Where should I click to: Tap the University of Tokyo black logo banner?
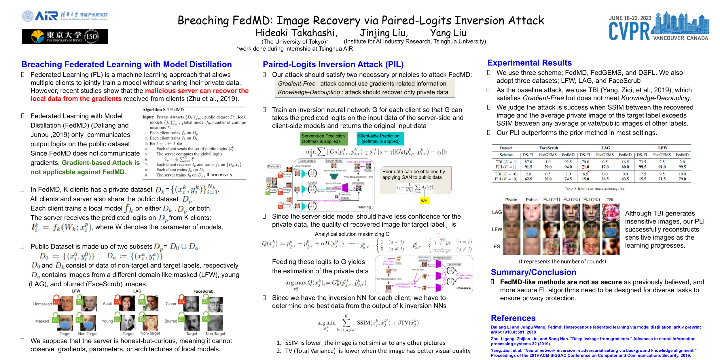[65, 37]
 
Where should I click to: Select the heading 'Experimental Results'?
[529, 63]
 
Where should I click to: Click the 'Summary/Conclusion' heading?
[533, 272]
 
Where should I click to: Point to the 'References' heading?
[513, 318]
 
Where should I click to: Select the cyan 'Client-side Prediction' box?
[380, 139]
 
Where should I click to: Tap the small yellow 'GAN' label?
[424, 200]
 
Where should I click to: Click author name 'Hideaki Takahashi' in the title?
[296, 33]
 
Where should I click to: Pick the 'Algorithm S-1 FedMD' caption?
[163, 110]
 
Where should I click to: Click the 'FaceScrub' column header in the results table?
[548, 148]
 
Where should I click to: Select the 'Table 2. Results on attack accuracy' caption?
[594, 189]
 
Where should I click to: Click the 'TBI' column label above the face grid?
[610, 200]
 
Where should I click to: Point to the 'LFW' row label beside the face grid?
[497, 229]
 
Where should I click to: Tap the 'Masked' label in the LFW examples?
[42, 321]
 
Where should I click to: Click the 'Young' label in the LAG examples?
[107, 321]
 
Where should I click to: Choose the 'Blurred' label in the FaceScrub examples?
[171, 321]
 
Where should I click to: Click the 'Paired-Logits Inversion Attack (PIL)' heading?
[333, 65]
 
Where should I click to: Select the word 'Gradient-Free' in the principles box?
[297, 84]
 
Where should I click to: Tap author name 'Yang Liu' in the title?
[448, 33]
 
